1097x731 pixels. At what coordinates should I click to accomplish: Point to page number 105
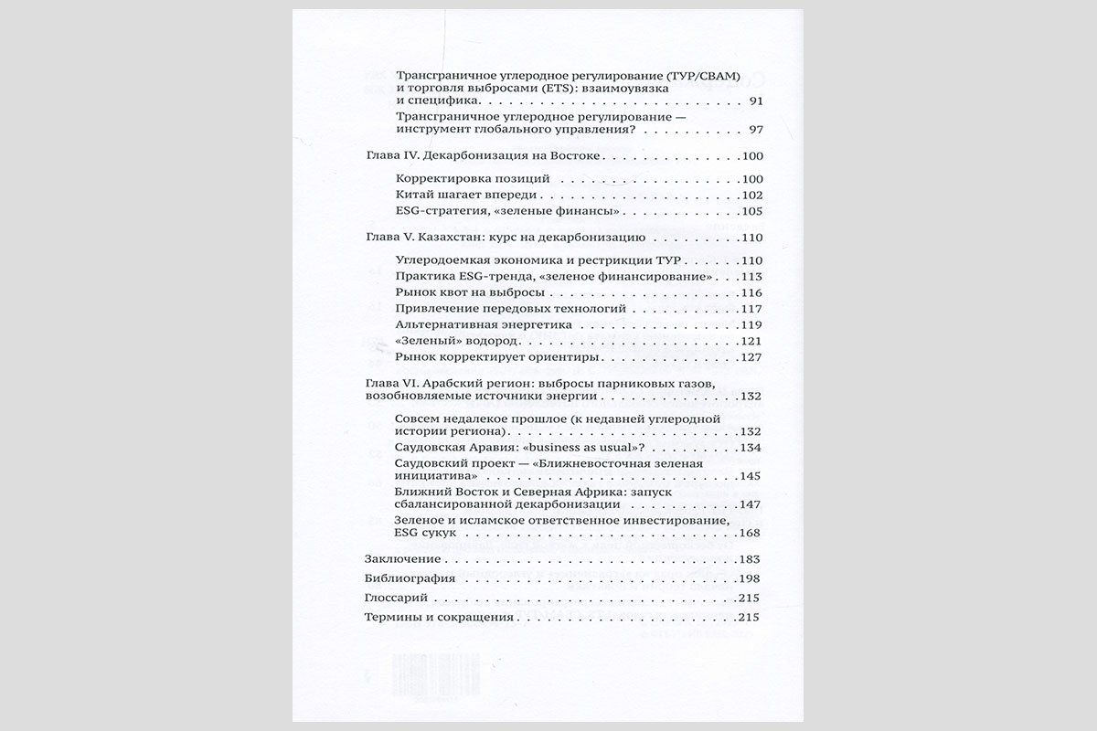(x=751, y=211)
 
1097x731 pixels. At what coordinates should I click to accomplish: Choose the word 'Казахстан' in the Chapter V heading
(x=454, y=238)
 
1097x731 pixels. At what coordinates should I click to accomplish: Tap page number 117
(x=751, y=309)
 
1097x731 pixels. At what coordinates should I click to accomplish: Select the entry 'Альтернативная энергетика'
(x=472, y=324)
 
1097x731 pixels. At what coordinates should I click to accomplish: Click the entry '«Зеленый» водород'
(x=448, y=341)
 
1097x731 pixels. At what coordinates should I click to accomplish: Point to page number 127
(x=751, y=357)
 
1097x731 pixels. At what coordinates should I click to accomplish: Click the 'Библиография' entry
(x=410, y=579)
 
